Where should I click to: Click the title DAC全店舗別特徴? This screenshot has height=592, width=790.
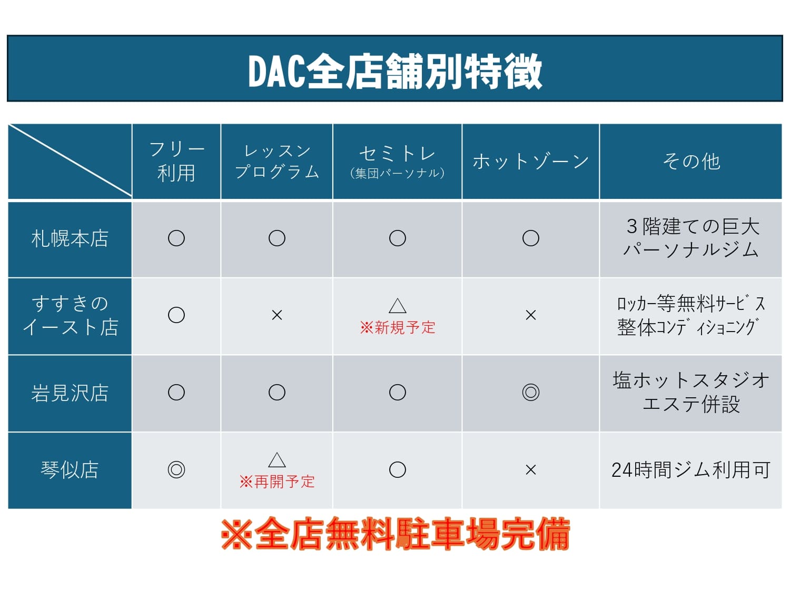[395, 71]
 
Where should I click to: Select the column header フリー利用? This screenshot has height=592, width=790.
[176, 162]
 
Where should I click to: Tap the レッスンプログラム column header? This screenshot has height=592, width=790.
[277, 162]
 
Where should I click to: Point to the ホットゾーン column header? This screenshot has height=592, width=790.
[530, 162]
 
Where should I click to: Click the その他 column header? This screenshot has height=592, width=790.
[691, 162]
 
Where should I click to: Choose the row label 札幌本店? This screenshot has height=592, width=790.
[70, 239]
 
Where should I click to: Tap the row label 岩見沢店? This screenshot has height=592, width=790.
[70, 393]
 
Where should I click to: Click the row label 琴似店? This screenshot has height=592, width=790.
[70, 470]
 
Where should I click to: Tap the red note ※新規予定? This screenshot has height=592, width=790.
[397, 327]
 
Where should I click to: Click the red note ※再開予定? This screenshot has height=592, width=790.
[277, 482]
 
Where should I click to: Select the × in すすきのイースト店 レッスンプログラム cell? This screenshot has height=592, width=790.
[277, 315]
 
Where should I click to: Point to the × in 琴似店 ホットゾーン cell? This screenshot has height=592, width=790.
[530, 470]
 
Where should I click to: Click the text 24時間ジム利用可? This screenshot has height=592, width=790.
[691, 470]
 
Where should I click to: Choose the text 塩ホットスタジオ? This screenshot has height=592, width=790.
[691, 380]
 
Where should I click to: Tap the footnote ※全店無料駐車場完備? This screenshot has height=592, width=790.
[395, 534]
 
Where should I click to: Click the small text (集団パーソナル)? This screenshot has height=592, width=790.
[397, 173]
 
